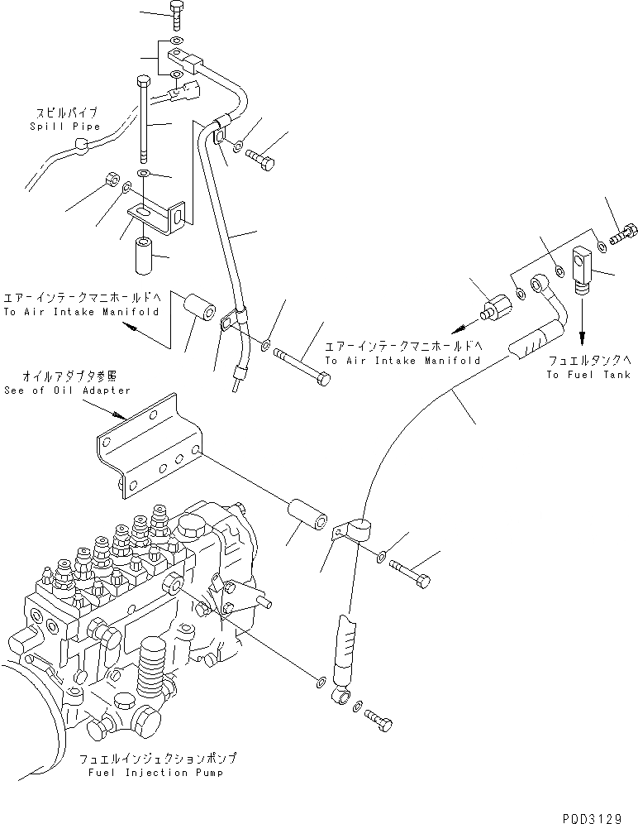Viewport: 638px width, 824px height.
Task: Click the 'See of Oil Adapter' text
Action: (x=67, y=390)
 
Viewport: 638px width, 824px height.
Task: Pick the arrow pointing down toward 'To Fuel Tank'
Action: (x=583, y=323)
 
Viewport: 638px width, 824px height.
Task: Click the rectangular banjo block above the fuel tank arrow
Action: (x=585, y=268)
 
